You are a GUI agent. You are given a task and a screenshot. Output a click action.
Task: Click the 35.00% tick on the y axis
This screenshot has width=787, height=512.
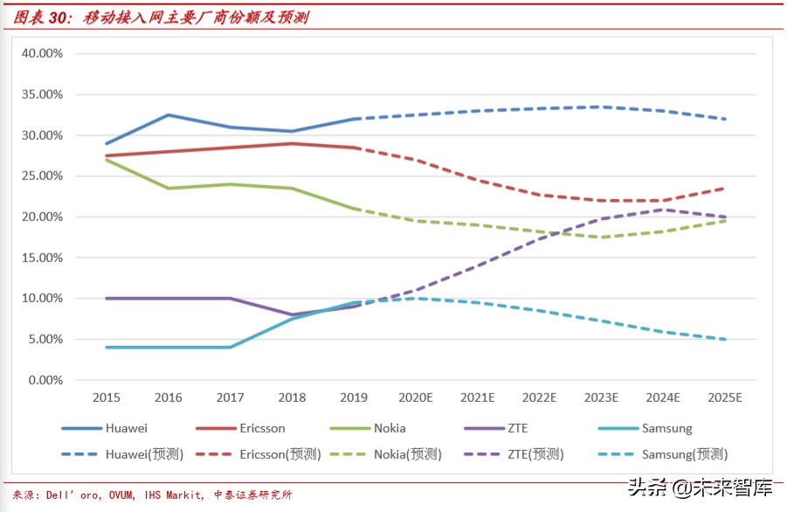tap(43, 94)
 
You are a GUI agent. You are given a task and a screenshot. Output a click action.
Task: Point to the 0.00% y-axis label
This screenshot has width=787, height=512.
tap(45, 380)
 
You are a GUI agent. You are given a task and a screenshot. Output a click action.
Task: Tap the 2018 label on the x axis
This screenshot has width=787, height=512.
tap(292, 398)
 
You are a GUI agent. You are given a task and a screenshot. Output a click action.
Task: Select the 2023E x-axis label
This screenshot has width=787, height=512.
tap(601, 398)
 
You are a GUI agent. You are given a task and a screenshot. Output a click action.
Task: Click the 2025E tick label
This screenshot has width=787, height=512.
tap(724, 398)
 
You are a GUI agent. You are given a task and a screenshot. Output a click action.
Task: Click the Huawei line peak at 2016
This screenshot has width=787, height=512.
tap(168, 114)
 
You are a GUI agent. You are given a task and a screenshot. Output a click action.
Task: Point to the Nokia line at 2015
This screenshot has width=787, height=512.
tap(107, 159)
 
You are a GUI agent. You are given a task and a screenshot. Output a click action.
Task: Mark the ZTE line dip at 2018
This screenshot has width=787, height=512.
tap(292, 315)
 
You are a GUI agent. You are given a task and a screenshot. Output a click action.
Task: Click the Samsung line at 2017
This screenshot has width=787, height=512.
tap(230, 347)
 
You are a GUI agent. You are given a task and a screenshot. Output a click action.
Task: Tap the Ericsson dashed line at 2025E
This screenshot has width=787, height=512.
tap(724, 188)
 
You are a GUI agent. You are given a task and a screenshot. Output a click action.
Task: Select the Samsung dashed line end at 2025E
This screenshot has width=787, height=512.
tap(724, 339)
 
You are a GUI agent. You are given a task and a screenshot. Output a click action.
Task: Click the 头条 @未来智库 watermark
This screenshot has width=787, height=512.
tap(699, 486)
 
